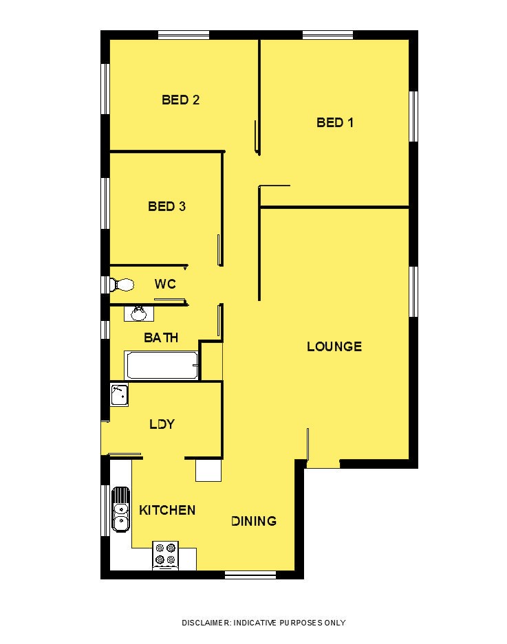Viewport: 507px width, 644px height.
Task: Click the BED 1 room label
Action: tap(335, 122)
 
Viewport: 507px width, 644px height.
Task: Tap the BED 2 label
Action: tap(180, 100)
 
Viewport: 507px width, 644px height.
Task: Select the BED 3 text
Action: tap(166, 206)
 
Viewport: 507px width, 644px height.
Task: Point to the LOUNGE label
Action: tap(334, 346)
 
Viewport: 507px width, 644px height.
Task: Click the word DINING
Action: tap(254, 521)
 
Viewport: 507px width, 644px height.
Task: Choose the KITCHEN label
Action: tap(167, 510)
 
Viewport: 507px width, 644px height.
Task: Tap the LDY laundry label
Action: tap(162, 424)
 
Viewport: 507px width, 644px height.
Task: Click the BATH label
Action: tap(161, 337)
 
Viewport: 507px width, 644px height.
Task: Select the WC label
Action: tap(165, 284)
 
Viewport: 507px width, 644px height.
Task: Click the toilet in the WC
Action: tap(122, 285)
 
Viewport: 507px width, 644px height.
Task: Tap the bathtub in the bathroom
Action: tap(162, 365)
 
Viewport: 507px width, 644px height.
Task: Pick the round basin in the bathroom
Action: tap(138, 314)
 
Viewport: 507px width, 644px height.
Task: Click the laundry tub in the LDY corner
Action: tap(119, 395)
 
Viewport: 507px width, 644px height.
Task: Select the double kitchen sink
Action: tap(121, 509)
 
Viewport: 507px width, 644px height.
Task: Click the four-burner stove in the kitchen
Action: tap(165, 555)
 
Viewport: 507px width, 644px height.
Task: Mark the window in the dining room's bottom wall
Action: tap(250, 575)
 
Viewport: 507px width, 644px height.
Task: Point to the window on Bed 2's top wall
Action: tap(184, 34)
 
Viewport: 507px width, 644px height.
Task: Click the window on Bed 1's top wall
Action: tap(327, 34)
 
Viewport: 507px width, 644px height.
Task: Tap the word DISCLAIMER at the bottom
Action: tap(206, 623)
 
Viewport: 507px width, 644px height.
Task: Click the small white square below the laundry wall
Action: tap(208, 470)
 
